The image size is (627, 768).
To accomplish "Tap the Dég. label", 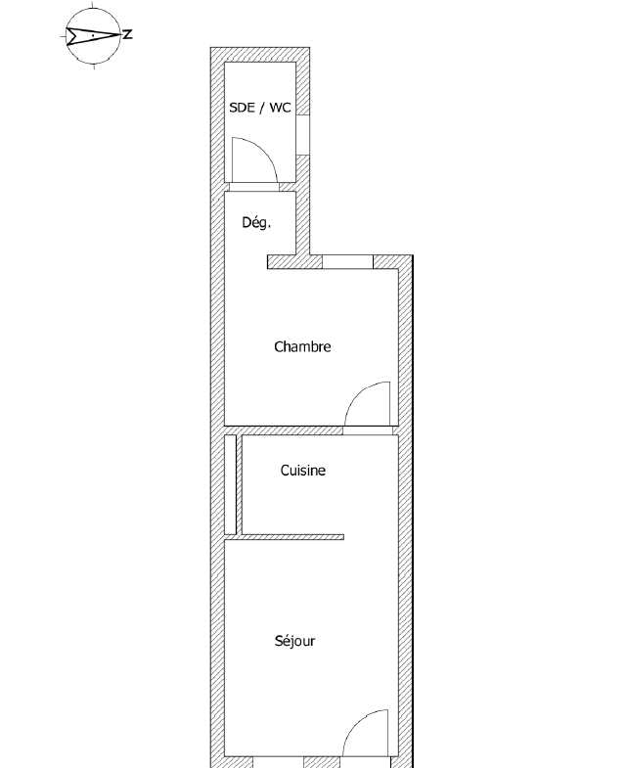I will (256, 222).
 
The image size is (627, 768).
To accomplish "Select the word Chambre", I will (302, 346).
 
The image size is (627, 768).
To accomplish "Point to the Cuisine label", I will (302, 471).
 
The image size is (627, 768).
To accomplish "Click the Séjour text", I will (294, 642).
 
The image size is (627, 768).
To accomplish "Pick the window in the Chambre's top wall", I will (348, 261).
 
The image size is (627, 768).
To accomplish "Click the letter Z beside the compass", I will (128, 35).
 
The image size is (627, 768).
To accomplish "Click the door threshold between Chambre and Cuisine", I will (369, 429).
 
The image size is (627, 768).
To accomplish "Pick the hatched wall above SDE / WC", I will (260, 54).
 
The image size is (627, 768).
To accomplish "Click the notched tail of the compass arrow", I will (70, 35).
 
